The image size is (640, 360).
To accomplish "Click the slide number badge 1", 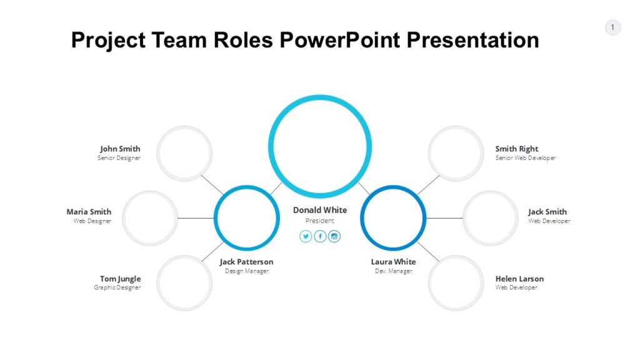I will (x=612, y=27).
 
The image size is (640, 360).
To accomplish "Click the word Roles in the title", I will (x=242, y=40).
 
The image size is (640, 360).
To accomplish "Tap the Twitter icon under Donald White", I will (x=306, y=236).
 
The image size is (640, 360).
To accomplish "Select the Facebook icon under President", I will (x=320, y=236).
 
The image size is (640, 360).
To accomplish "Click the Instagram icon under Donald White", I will (x=334, y=236).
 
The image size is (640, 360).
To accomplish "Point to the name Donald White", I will (x=320, y=210).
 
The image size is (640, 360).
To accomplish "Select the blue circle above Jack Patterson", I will (x=246, y=218).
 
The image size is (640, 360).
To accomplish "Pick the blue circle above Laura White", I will (x=393, y=218).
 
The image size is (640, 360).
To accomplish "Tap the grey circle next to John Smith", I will (x=184, y=153).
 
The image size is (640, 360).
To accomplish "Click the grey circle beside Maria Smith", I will (x=150, y=218).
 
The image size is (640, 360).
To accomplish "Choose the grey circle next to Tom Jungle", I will (x=184, y=283).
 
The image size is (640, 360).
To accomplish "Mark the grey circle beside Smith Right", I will (x=456, y=153).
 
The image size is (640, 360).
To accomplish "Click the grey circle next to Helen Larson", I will (x=456, y=283).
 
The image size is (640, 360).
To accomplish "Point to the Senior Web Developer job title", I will (x=525, y=158).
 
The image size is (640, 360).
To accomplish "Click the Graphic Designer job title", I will (x=117, y=287).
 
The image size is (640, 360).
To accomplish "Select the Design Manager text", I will (x=247, y=271).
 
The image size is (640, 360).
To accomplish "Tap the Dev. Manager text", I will (x=393, y=271).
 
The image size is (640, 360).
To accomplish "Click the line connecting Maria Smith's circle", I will (x=196, y=218).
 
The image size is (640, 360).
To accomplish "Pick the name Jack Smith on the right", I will (x=547, y=212).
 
